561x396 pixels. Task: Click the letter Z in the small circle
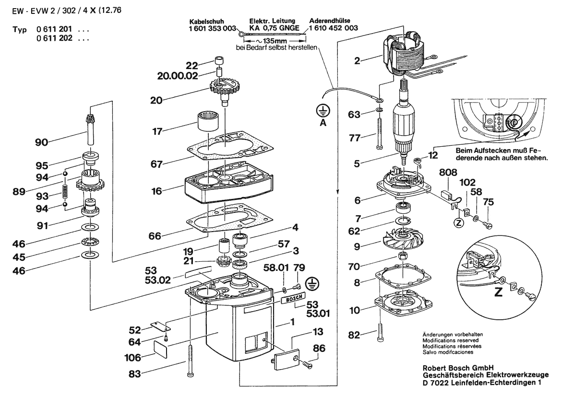coord(459,222)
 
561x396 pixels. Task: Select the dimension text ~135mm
coord(271,42)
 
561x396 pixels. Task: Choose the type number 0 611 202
coord(54,37)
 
